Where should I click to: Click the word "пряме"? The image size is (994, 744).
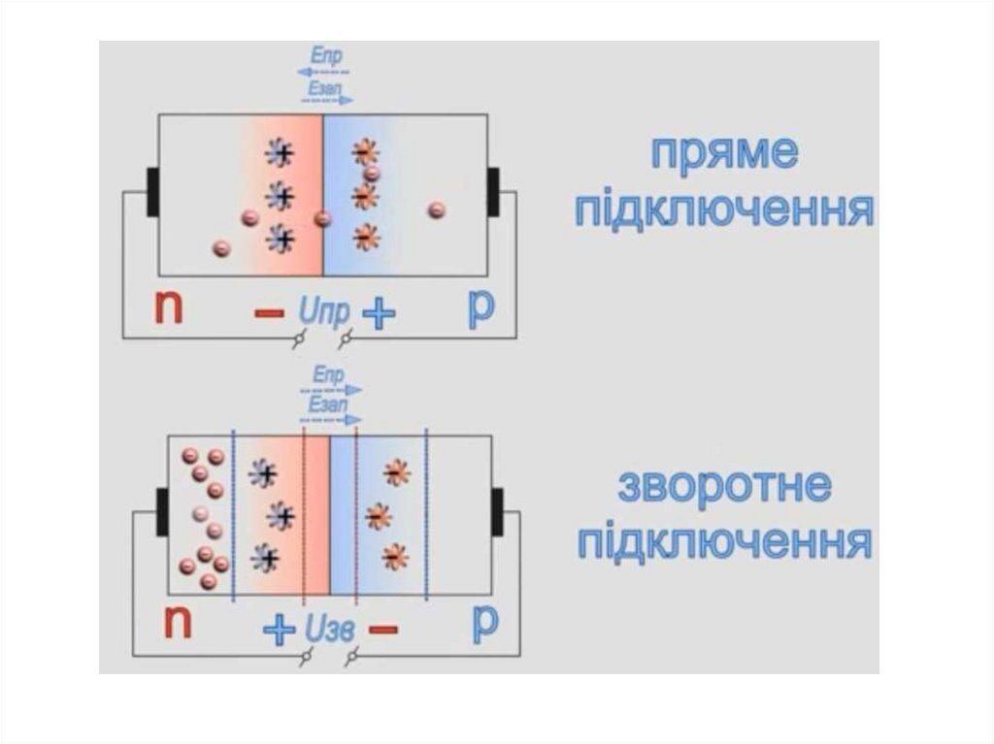pos(724,155)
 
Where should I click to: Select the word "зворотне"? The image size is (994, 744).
pos(724,488)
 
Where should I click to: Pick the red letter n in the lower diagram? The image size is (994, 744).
pos(178,624)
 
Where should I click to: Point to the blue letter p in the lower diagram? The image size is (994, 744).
pos(485,624)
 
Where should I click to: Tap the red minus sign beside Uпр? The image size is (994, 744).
pos(269,312)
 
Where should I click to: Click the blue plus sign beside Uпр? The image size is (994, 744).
pos(380,312)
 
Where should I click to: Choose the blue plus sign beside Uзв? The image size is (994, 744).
pos(280,630)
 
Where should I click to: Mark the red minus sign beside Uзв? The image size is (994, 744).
pos(383,630)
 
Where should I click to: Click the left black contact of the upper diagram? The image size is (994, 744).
pos(152,191)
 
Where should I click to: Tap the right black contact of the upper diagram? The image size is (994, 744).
pos(493,191)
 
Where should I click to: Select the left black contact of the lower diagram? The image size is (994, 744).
pos(162,511)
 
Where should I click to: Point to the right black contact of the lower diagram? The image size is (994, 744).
pos(497,511)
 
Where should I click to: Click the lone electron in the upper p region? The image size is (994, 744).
pos(437,209)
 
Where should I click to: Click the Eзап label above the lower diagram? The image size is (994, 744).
pos(326,404)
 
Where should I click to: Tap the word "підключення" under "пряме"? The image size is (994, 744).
pos(724,209)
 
